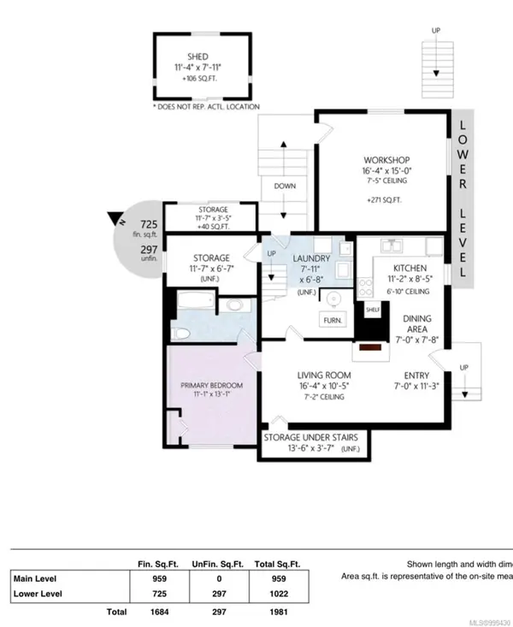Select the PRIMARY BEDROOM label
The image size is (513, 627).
pos(211,386)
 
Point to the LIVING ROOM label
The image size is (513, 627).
pos(324,376)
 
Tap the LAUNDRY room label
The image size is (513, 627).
pos(306,258)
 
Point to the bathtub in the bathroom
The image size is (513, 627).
pos(193,302)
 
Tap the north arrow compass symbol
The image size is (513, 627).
pos(115,218)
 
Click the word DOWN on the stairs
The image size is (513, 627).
pos(285,186)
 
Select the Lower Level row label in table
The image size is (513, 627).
pos(42,594)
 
